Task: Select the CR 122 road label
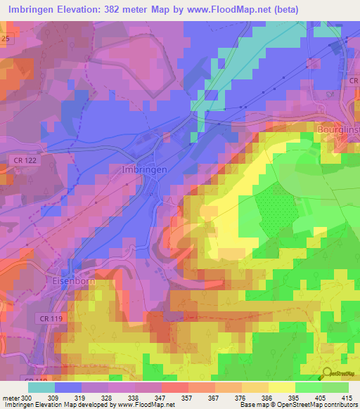point(25,160)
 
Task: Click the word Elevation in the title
point(81,10)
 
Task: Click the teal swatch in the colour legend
point(41,387)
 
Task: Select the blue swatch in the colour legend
point(68,387)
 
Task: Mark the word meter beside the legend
point(10,398)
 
